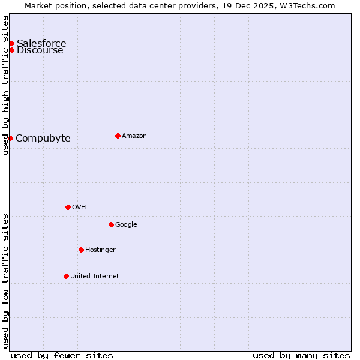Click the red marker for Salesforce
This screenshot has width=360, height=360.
click(x=11, y=43)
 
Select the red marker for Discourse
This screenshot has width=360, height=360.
click(x=11, y=50)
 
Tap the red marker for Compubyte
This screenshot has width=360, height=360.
click(x=10, y=138)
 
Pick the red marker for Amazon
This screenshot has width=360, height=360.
click(x=118, y=136)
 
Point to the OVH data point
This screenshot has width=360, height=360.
click(x=68, y=207)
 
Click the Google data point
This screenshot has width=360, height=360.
click(x=111, y=224)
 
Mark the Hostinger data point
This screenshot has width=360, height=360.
click(x=81, y=250)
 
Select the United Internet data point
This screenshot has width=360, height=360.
click(x=66, y=276)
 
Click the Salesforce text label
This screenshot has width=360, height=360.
click(x=41, y=43)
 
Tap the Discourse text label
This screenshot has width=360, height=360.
click(x=40, y=50)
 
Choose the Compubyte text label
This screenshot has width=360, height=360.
click(x=43, y=138)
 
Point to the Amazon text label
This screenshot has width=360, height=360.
click(x=134, y=136)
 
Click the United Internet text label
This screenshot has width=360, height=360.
click(x=95, y=276)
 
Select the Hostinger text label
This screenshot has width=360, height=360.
click(x=100, y=250)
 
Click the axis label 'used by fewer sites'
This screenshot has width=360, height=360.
click(x=62, y=355)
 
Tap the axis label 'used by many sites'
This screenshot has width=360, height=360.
click(x=301, y=355)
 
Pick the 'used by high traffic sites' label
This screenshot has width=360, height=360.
click(x=5, y=85)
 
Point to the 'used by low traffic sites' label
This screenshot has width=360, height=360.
click(x=5, y=281)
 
